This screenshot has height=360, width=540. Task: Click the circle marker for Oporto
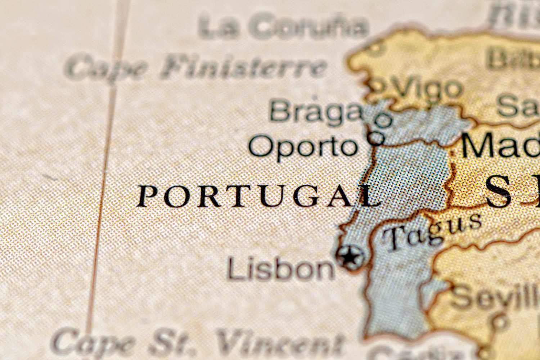point(376,137)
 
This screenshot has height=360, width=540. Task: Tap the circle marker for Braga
point(384,120)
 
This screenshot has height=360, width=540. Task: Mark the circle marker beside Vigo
point(377,85)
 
